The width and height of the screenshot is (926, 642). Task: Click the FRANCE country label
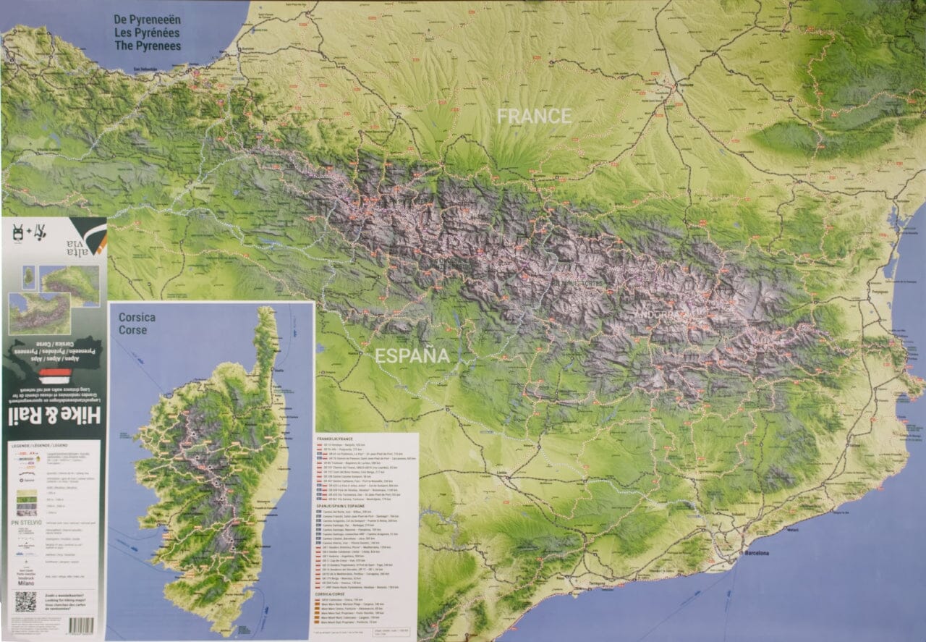pyautogui.click(x=534, y=116)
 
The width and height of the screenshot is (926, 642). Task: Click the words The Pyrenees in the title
pyautogui.click(x=148, y=46)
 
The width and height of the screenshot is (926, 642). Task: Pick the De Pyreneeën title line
pyautogui.click(x=148, y=20)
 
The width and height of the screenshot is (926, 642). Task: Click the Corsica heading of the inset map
pyautogui.click(x=137, y=317)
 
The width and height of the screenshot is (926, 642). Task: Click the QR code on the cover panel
pyautogui.click(x=25, y=601)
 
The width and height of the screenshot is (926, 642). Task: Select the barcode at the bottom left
pyautogui.click(x=81, y=625)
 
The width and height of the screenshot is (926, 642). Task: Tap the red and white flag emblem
pyautogui.click(x=54, y=376)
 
